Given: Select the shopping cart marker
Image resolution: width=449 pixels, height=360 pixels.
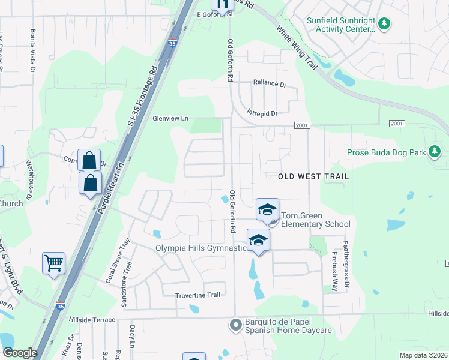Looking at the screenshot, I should click(x=54, y=263).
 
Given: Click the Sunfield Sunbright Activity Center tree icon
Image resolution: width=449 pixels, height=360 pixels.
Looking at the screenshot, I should click(x=384, y=24).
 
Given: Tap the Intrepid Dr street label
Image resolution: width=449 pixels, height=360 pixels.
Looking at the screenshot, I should click(x=262, y=113).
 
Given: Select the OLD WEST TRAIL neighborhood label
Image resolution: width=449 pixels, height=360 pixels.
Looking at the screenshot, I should click(x=313, y=176).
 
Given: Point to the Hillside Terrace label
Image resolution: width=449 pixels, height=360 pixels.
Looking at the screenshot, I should click(x=92, y=320).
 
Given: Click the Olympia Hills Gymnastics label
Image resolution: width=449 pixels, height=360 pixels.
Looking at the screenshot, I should click(x=201, y=248).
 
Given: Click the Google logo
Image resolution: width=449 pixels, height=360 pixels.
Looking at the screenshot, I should click(x=20, y=353).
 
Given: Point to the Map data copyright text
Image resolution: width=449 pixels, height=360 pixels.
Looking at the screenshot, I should click(x=424, y=355).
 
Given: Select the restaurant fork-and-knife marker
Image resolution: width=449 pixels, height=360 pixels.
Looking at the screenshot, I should click(x=221, y=6).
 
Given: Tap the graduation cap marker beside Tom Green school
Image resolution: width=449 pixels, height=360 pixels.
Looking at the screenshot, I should click(x=267, y=209).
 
